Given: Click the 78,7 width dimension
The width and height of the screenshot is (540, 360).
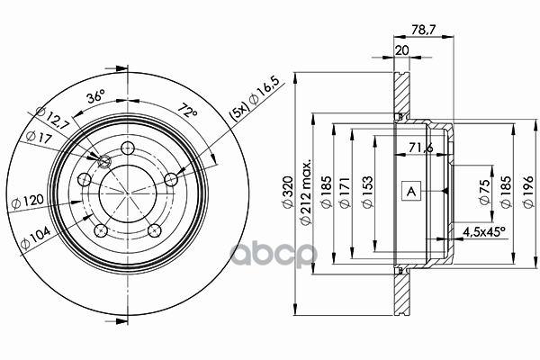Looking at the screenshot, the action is (x=423, y=30).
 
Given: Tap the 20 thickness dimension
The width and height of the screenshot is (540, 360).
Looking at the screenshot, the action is (x=401, y=50).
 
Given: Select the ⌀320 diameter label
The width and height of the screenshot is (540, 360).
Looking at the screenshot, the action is (x=288, y=192).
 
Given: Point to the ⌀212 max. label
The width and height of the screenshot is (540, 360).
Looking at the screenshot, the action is (x=305, y=192).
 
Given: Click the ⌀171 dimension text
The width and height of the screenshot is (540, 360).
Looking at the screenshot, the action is (x=345, y=193).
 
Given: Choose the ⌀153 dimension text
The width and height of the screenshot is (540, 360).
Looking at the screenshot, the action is (x=367, y=192).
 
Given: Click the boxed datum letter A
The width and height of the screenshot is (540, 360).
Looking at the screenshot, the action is (x=411, y=191).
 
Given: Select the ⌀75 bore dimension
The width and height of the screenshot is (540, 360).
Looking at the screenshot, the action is (x=484, y=192).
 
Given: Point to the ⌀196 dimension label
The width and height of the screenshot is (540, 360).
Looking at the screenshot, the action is (x=528, y=192).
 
